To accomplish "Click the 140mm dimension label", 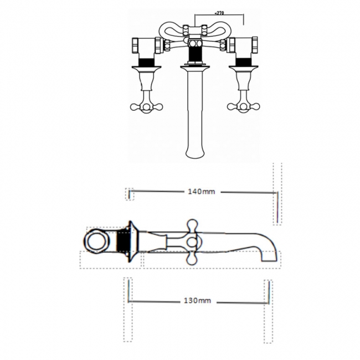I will tap(201, 192).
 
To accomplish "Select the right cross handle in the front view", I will tap(243, 106).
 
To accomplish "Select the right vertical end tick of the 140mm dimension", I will tap(275, 205).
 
